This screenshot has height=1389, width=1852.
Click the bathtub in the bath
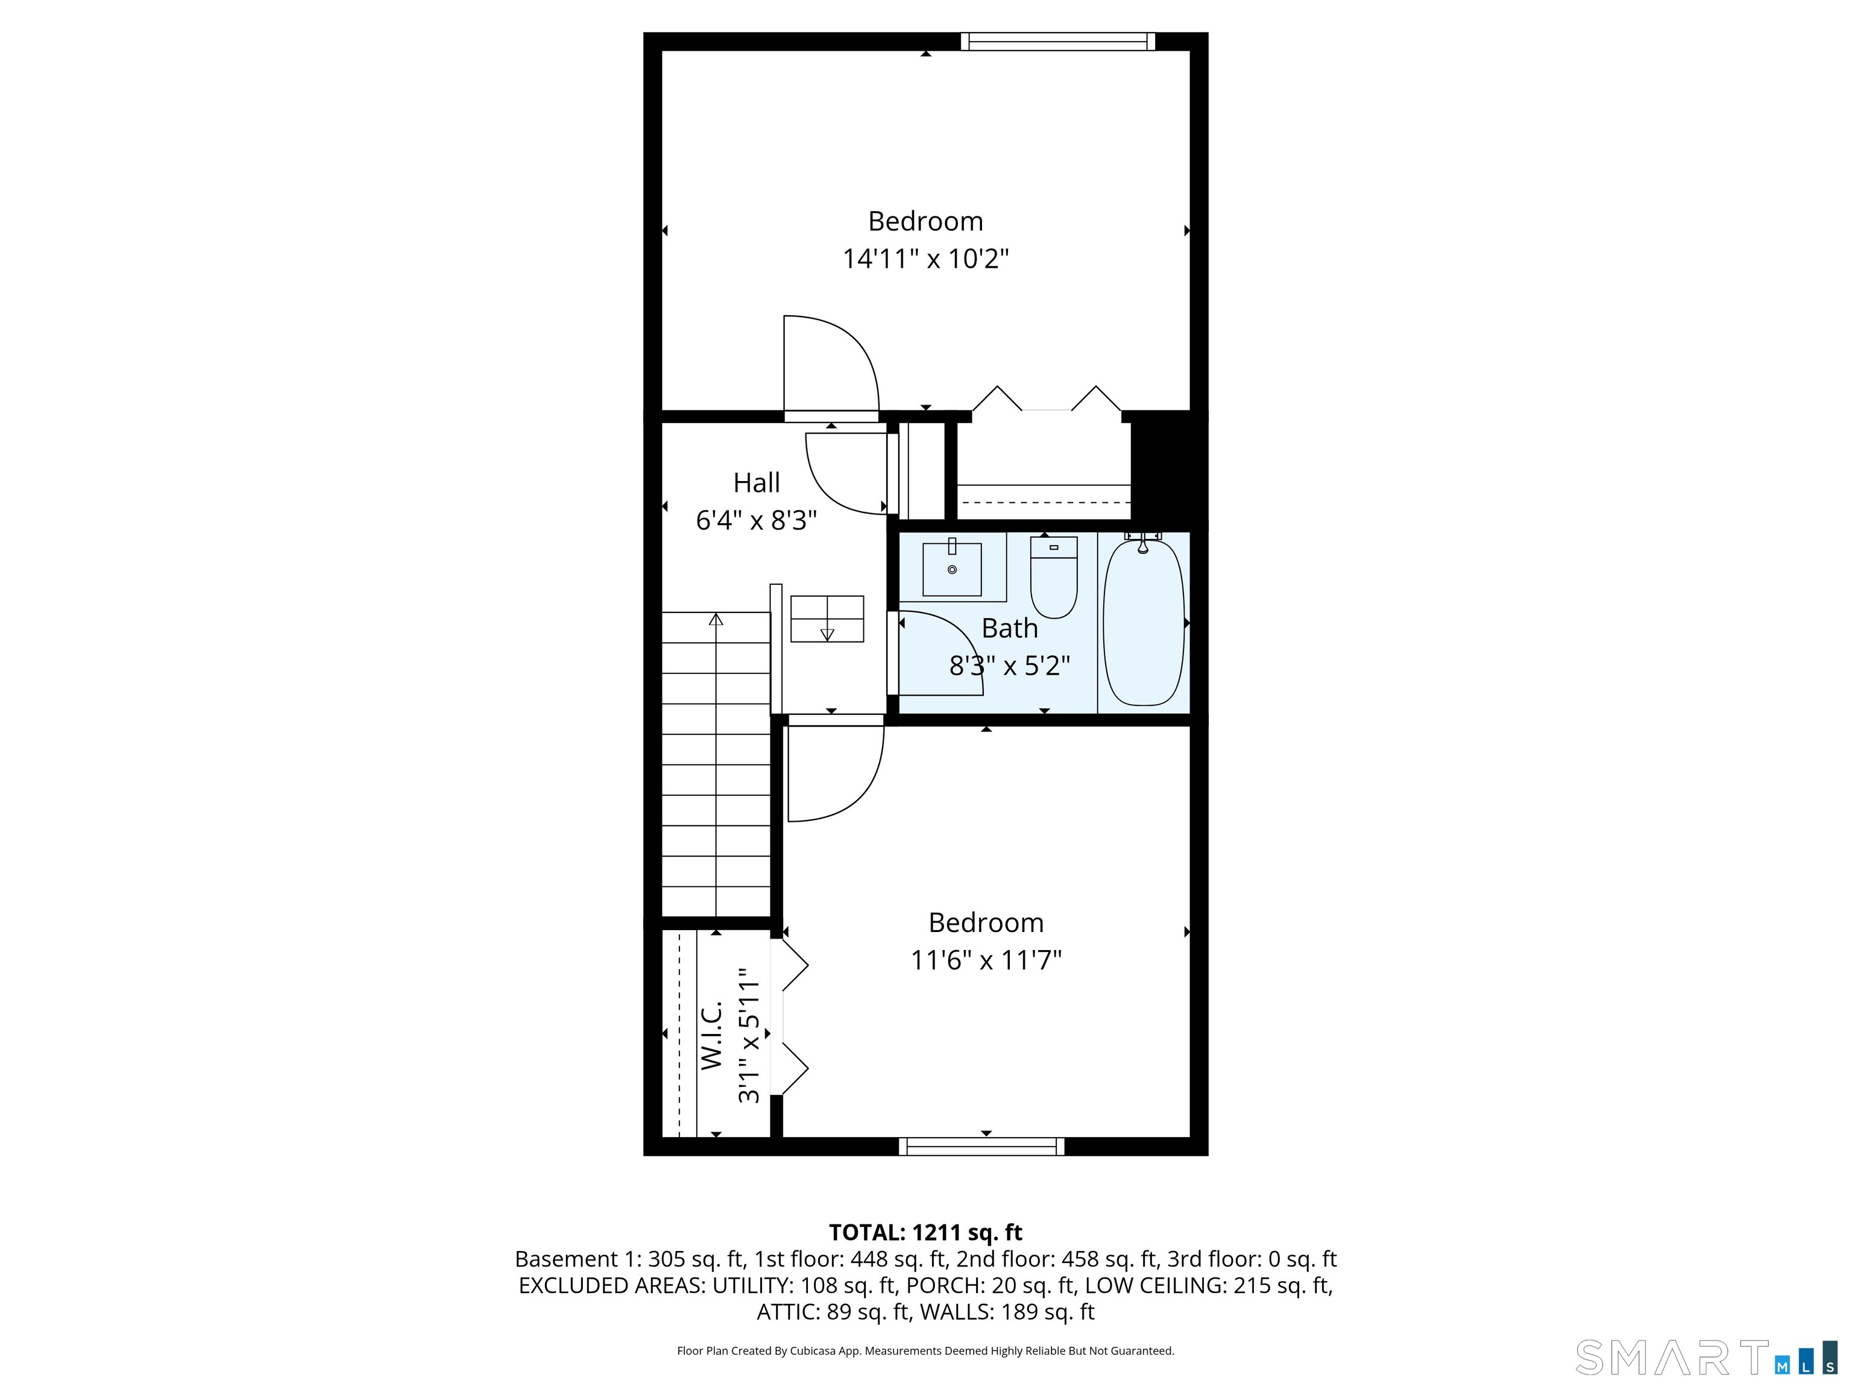click(x=1144, y=622)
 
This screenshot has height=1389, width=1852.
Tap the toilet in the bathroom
click(x=1053, y=577)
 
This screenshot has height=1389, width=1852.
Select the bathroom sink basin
click(x=952, y=569)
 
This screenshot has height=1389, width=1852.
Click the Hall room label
click(x=757, y=483)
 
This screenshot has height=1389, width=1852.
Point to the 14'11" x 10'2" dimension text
click(x=926, y=259)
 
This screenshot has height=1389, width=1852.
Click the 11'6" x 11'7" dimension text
click(x=986, y=960)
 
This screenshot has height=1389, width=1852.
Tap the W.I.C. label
click(x=711, y=1035)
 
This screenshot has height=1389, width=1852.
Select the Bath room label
click(x=1010, y=628)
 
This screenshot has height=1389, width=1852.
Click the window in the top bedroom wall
click(x=1057, y=41)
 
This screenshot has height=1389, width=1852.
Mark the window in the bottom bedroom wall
click(x=982, y=1146)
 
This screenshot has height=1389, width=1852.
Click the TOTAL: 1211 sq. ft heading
click(x=925, y=1232)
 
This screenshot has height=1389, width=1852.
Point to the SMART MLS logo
click(x=1706, y=1357)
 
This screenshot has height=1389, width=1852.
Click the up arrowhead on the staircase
click(x=716, y=620)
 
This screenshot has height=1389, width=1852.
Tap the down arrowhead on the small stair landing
click(x=827, y=635)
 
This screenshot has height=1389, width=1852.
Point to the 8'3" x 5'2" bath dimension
click(x=1010, y=666)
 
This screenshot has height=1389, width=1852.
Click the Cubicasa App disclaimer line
click(x=925, y=1350)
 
